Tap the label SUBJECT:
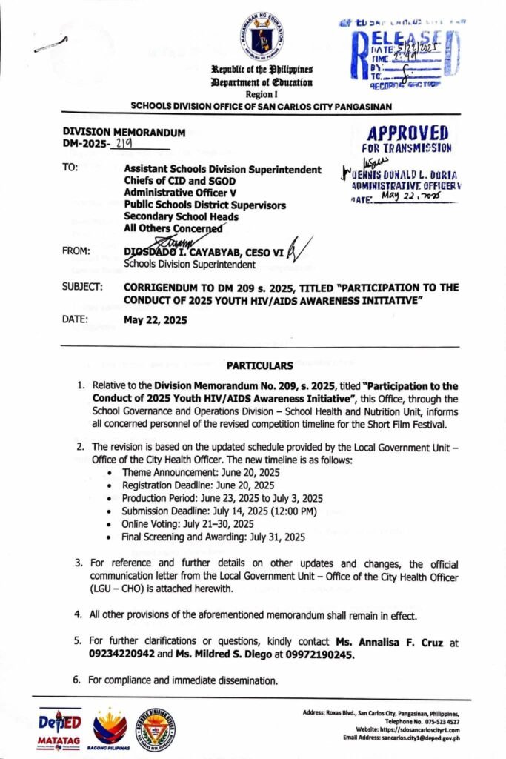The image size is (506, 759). (x=83, y=286)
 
